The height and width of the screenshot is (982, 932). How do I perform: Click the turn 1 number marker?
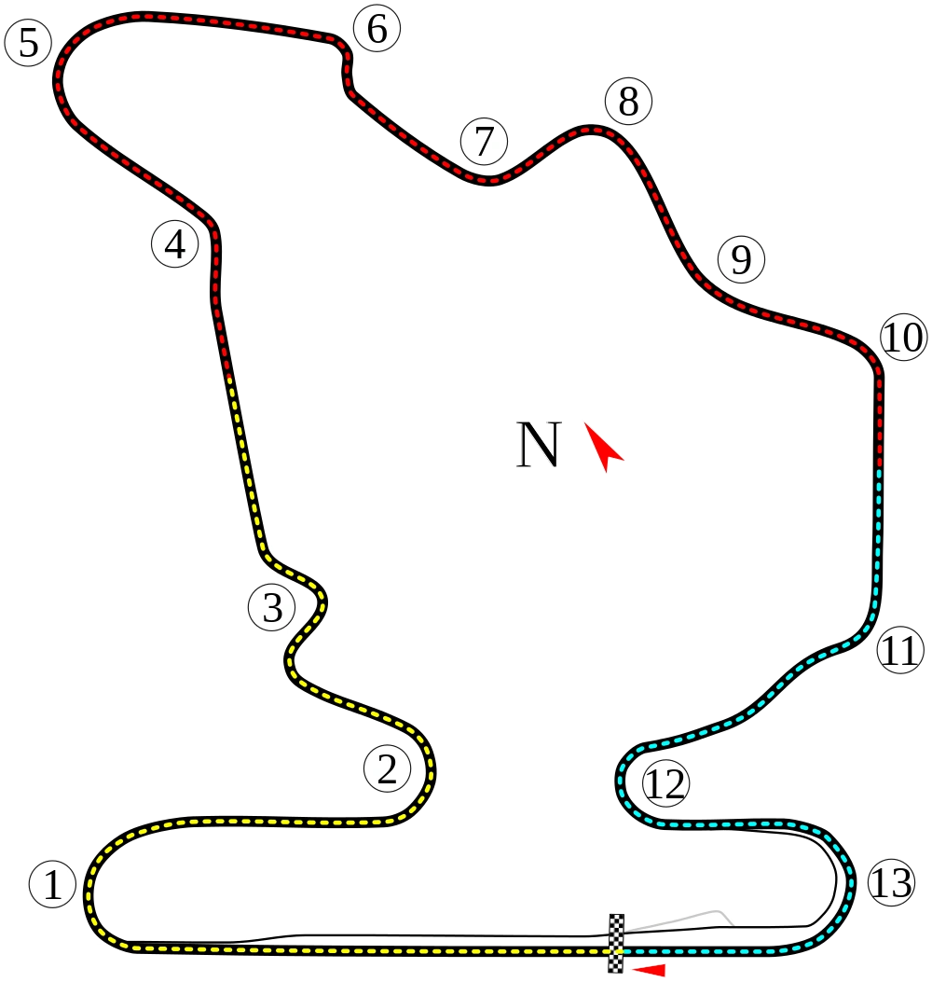coord(52,884)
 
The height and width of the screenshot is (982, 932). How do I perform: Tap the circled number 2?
coord(387,769)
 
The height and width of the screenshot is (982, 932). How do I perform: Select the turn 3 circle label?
coord(272,608)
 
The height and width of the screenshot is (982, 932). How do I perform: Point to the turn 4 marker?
coord(175,244)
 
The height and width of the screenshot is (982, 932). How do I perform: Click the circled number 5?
coord(28,43)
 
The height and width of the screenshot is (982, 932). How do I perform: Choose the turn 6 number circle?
coord(377,29)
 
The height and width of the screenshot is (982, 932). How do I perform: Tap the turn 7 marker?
coord(484,142)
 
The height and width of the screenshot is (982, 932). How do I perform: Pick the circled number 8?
coord(628,102)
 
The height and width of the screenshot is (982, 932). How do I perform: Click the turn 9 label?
coord(741,259)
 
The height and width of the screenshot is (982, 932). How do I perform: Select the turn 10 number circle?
coord(902,338)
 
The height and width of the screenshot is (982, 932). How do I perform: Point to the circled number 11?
coord(900,650)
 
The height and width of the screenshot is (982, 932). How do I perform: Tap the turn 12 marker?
coord(665,784)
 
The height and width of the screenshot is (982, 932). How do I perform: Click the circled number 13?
coord(890,882)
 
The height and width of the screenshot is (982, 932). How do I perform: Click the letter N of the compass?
coord(539,445)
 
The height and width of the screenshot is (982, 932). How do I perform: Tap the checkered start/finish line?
coord(616,943)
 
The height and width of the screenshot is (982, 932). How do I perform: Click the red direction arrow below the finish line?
coord(650,970)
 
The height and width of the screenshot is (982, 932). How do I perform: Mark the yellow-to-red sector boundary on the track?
coord(228,377)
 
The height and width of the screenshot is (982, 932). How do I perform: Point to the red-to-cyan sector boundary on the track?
coord(881,468)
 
